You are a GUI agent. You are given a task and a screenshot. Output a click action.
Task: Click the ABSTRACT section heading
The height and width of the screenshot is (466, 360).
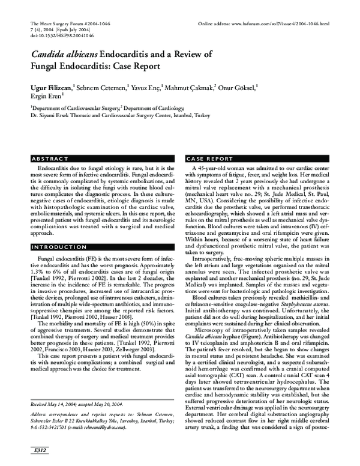(x=49, y=159)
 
